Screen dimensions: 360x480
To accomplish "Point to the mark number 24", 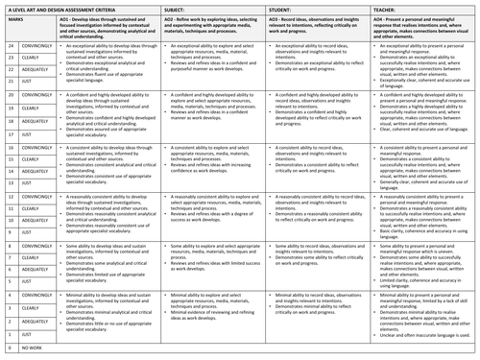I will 7,45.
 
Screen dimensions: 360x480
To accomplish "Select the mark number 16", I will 7,149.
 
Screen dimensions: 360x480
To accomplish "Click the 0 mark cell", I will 7,355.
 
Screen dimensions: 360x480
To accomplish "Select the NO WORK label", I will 32,355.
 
